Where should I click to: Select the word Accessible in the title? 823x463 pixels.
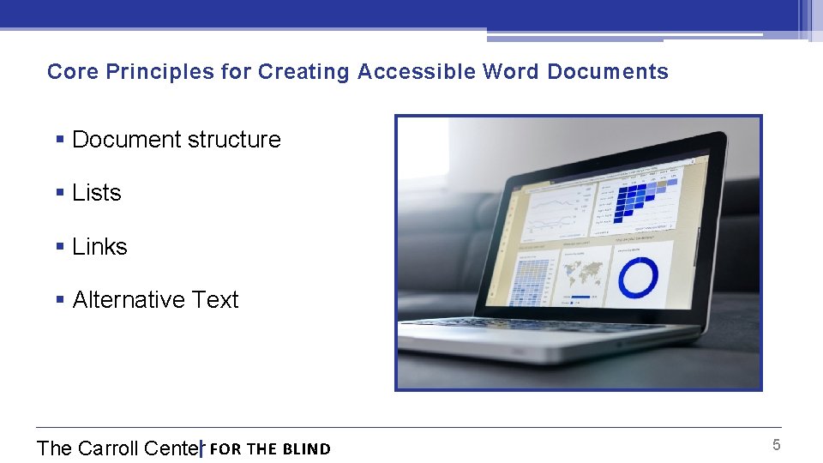click(416, 72)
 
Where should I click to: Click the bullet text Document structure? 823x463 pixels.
click(176, 140)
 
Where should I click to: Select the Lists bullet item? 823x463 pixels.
click(96, 193)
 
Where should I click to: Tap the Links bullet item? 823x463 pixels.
click(99, 247)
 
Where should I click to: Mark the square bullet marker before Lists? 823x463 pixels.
click(59, 194)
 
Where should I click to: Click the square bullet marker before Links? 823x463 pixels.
click(59, 248)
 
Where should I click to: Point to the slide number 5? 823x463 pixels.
click(776, 445)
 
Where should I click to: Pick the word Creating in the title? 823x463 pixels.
click(303, 72)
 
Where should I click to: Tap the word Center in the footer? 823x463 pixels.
click(172, 448)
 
